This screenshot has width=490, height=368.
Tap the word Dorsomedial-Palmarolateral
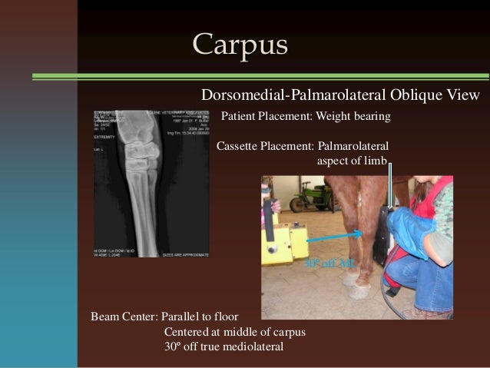277,94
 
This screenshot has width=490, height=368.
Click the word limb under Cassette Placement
379,161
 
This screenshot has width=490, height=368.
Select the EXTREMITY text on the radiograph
108,138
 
